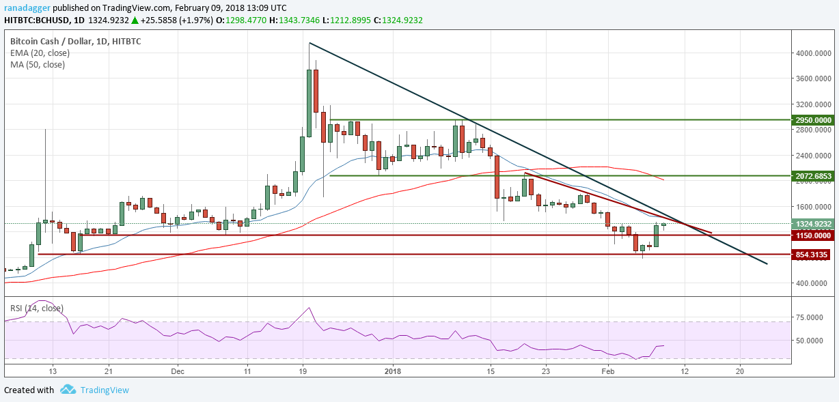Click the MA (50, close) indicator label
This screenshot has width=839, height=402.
click(x=38, y=65)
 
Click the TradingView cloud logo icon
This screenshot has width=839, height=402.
click(x=68, y=390)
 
